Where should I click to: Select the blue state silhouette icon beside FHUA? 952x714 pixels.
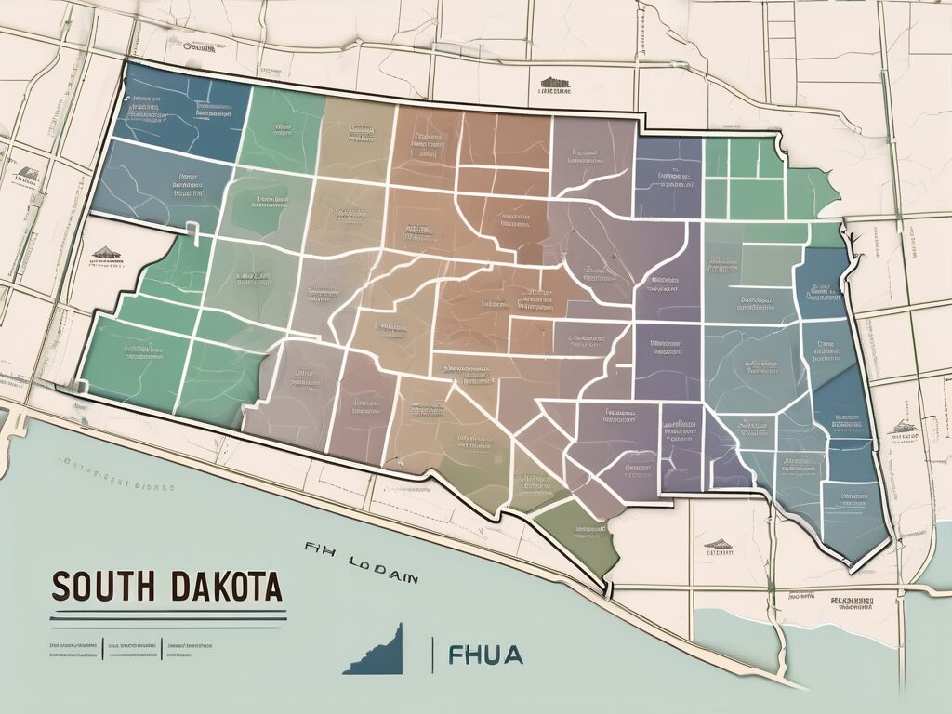[x=377, y=651]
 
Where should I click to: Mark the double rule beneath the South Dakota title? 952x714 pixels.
[x=167, y=615]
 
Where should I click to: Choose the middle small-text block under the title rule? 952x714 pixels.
[x=133, y=648]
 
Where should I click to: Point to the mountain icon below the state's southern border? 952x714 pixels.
[x=717, y=543]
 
